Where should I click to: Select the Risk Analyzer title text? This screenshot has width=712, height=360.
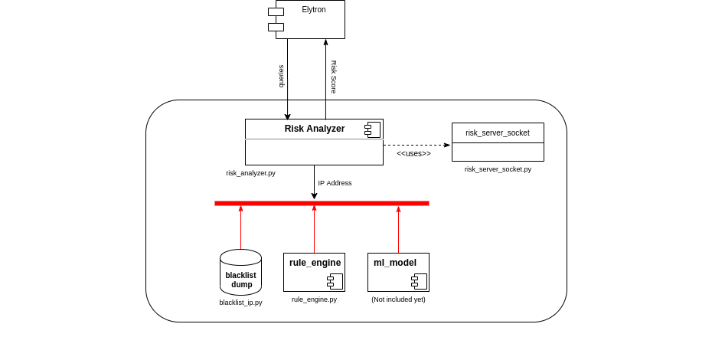pyautogui.click(x=314, y=129)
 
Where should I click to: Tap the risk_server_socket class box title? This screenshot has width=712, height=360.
pyautogui.click(x=498, y=133)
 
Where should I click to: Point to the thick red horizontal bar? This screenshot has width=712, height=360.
pyautogui.click(x=322, y=203)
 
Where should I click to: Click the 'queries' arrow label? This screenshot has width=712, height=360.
pyautogui.click(x=281, y=76)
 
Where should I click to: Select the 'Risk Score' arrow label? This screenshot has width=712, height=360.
pyautogui.click(x=334, y=77)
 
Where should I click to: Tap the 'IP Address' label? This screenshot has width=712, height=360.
pyautogui.click(x=335, y=183)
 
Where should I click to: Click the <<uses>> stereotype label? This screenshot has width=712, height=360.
pyautogui.click(x=413, y=154)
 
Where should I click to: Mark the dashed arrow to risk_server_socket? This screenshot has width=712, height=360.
pyautogui.click(x=416, y=145)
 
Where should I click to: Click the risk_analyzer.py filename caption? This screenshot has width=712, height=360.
pyautogui.click(x=250, y=173)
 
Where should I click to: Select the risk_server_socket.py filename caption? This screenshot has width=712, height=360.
pyautogui.click(x=498, y=169)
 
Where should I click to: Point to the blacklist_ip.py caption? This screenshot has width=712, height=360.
pyautogui.click(x=240, y=303)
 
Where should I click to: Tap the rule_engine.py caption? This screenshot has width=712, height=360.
pyautogui.click(x=314, y=299)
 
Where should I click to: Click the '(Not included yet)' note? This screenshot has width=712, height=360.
pyautogui.click(x=398, y=299)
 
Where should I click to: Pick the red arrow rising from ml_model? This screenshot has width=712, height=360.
pyautogui.click(x=398, y=230)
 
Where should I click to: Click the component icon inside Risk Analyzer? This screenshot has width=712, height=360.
pyautogui.click(x=372, y=129)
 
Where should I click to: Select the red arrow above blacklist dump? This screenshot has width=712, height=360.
pyautogui.click(x=240, y=227)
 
